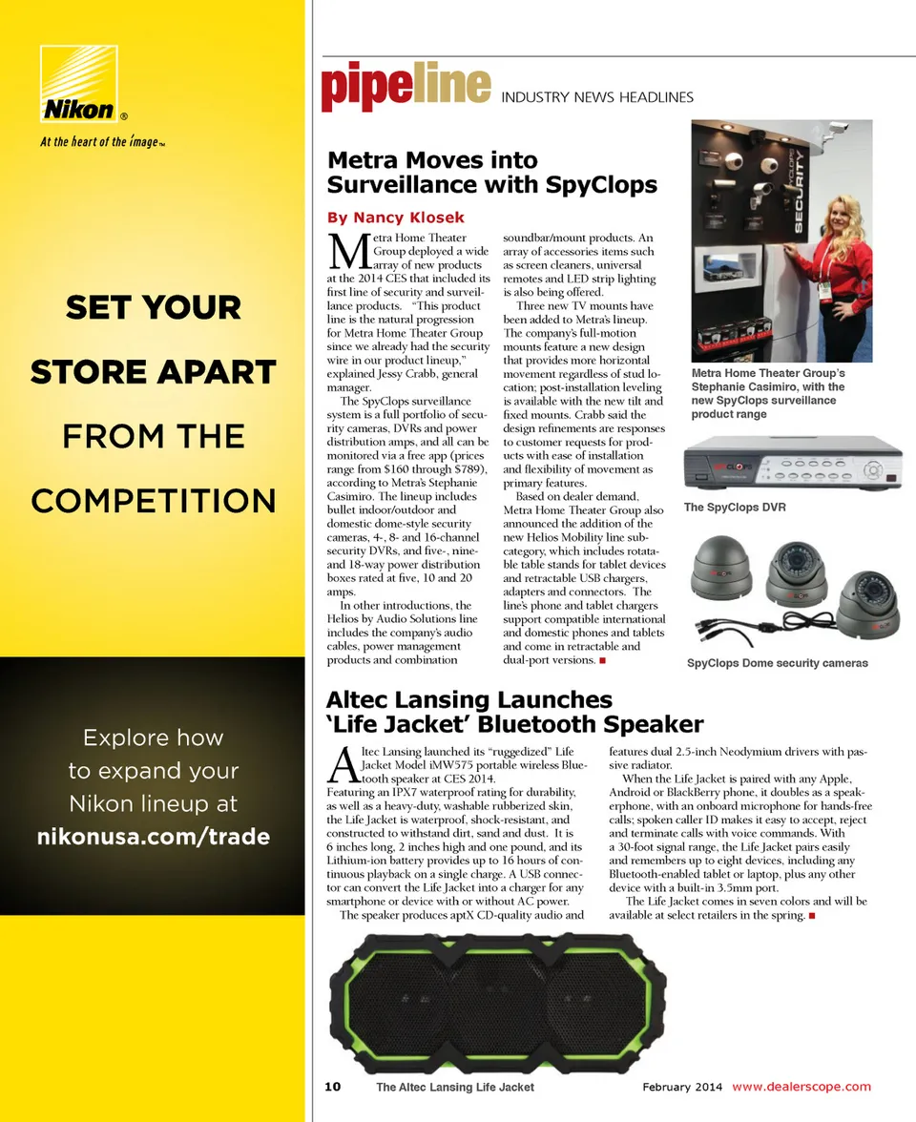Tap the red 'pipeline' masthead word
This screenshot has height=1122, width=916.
(x=406, y=86)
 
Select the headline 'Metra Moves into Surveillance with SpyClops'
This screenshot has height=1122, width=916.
(x=491, y=172)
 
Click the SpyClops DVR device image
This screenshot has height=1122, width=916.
(x=791, y=464)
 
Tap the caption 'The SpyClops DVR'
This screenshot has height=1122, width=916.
(x=735, y=508)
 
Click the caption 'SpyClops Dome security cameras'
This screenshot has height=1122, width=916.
(x=777, y=663)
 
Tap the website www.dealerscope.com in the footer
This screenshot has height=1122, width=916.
(x=801, y=1087)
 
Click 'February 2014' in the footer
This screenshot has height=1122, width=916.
(x=682, y=1087)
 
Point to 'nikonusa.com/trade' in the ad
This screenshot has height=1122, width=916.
(x=153, y=838)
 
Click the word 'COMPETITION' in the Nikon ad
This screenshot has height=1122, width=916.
(x=153, y=501)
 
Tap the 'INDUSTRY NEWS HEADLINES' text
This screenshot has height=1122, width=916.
(x=597, y=97)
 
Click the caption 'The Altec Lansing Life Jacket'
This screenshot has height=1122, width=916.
(x=455, y=1087)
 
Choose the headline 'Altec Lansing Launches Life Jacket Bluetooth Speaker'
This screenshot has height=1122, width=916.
(x=515, y=713)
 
